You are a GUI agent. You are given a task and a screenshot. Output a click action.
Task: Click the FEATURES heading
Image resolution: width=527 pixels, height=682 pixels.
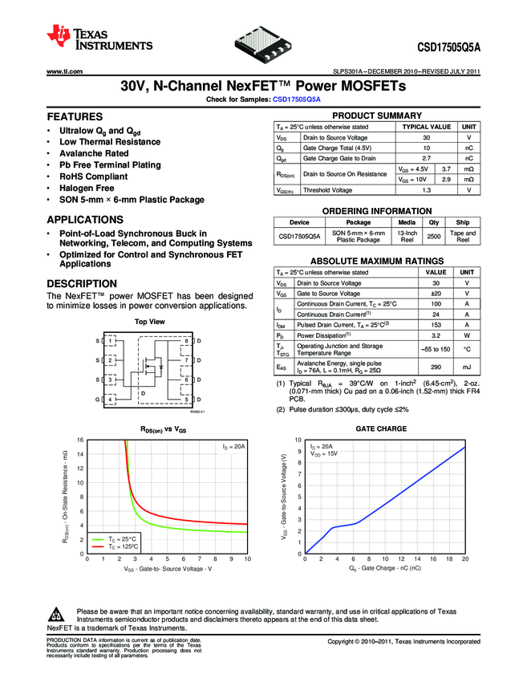point(74,116)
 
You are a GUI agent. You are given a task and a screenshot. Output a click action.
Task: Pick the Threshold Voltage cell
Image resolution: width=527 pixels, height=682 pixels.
point(327,190)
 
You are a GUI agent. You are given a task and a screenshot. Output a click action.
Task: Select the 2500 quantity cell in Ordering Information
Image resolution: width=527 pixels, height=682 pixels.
point(434,237)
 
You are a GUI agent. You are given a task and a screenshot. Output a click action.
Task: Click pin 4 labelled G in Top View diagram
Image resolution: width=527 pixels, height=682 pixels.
point(111,399)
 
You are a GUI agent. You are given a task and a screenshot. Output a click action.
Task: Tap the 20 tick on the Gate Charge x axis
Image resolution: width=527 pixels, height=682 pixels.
point(465,559)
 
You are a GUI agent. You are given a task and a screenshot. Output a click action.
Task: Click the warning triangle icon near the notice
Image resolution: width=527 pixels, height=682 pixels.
point(56,615)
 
